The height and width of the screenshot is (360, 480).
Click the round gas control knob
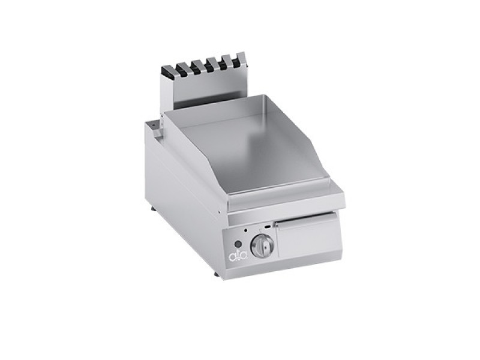(262, 245)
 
